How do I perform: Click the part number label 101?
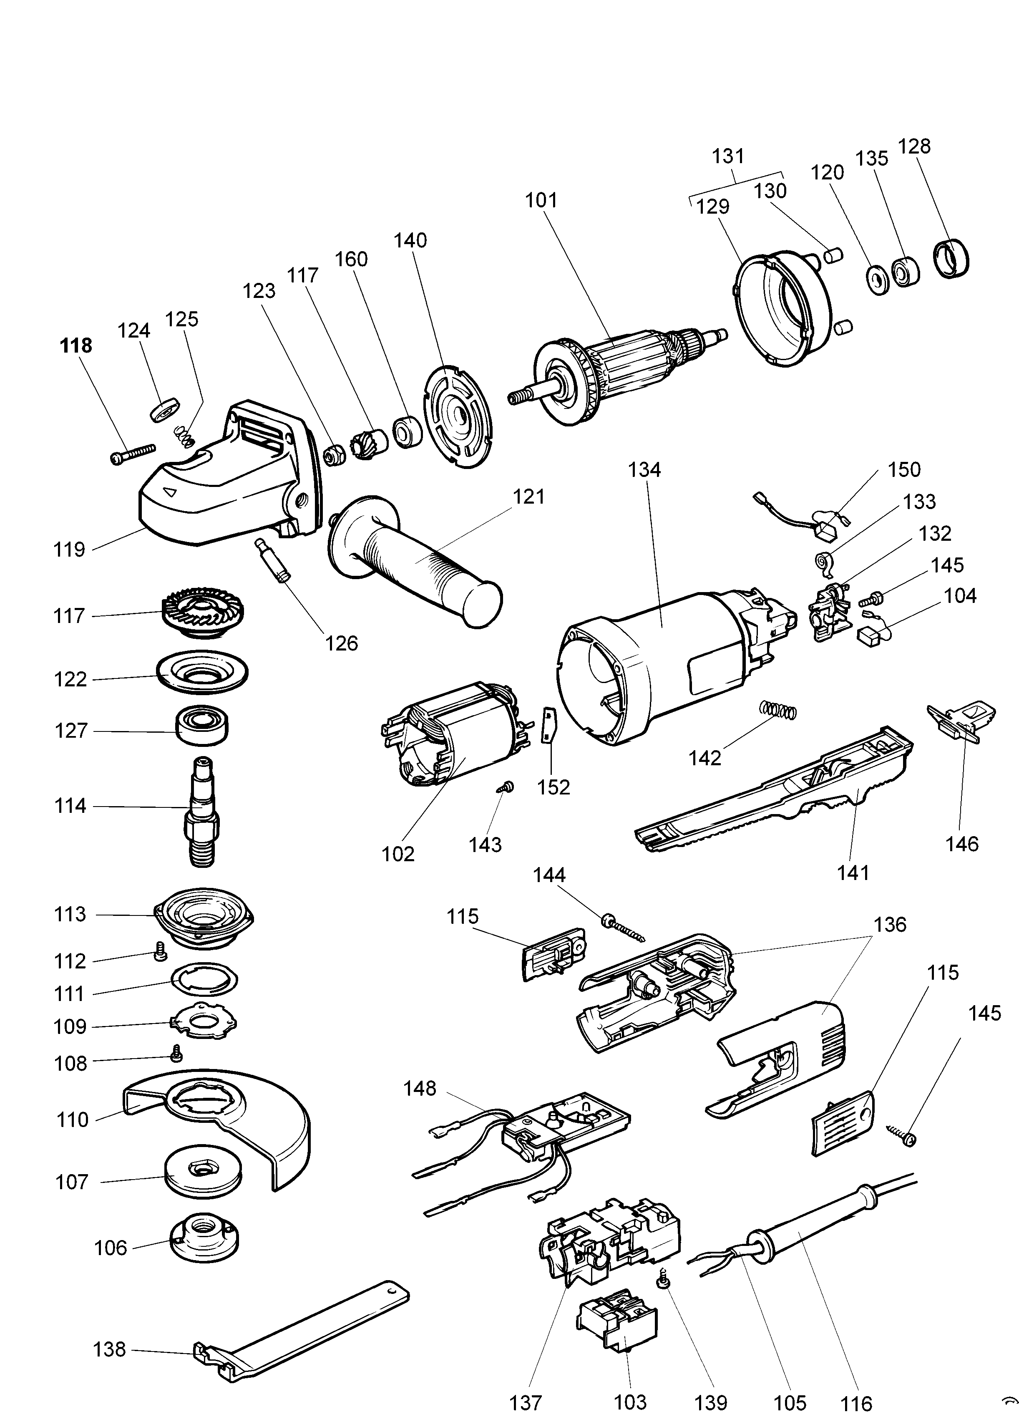pyautogui.click(x=541, y=201)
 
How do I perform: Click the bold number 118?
pyautogui.click(x=75, y=345)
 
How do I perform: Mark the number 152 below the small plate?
pyautogui.click(x=554, y=787)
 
